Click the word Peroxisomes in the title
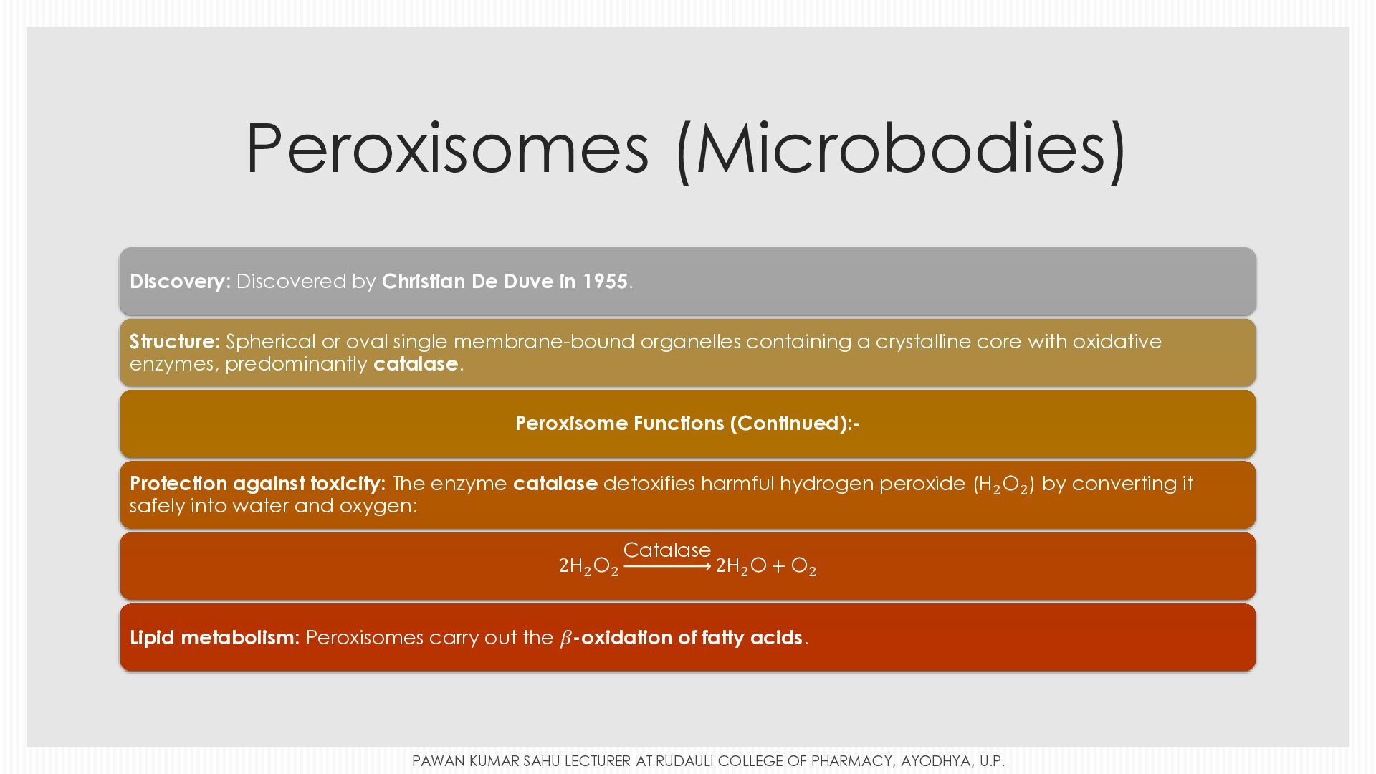point(447,148)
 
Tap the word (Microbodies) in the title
point(901,150)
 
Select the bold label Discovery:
point(180,282)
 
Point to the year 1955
point(605,281)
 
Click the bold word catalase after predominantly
point(416,364)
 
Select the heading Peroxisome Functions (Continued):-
point(687,424)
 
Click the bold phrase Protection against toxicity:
point(258,484)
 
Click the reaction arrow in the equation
point(667,567)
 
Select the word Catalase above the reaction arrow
point(667,550)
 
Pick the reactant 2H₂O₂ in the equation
point(588,566)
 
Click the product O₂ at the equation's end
point(803,566)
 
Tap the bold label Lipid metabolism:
point(214,638)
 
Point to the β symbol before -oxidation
point(565,638)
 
